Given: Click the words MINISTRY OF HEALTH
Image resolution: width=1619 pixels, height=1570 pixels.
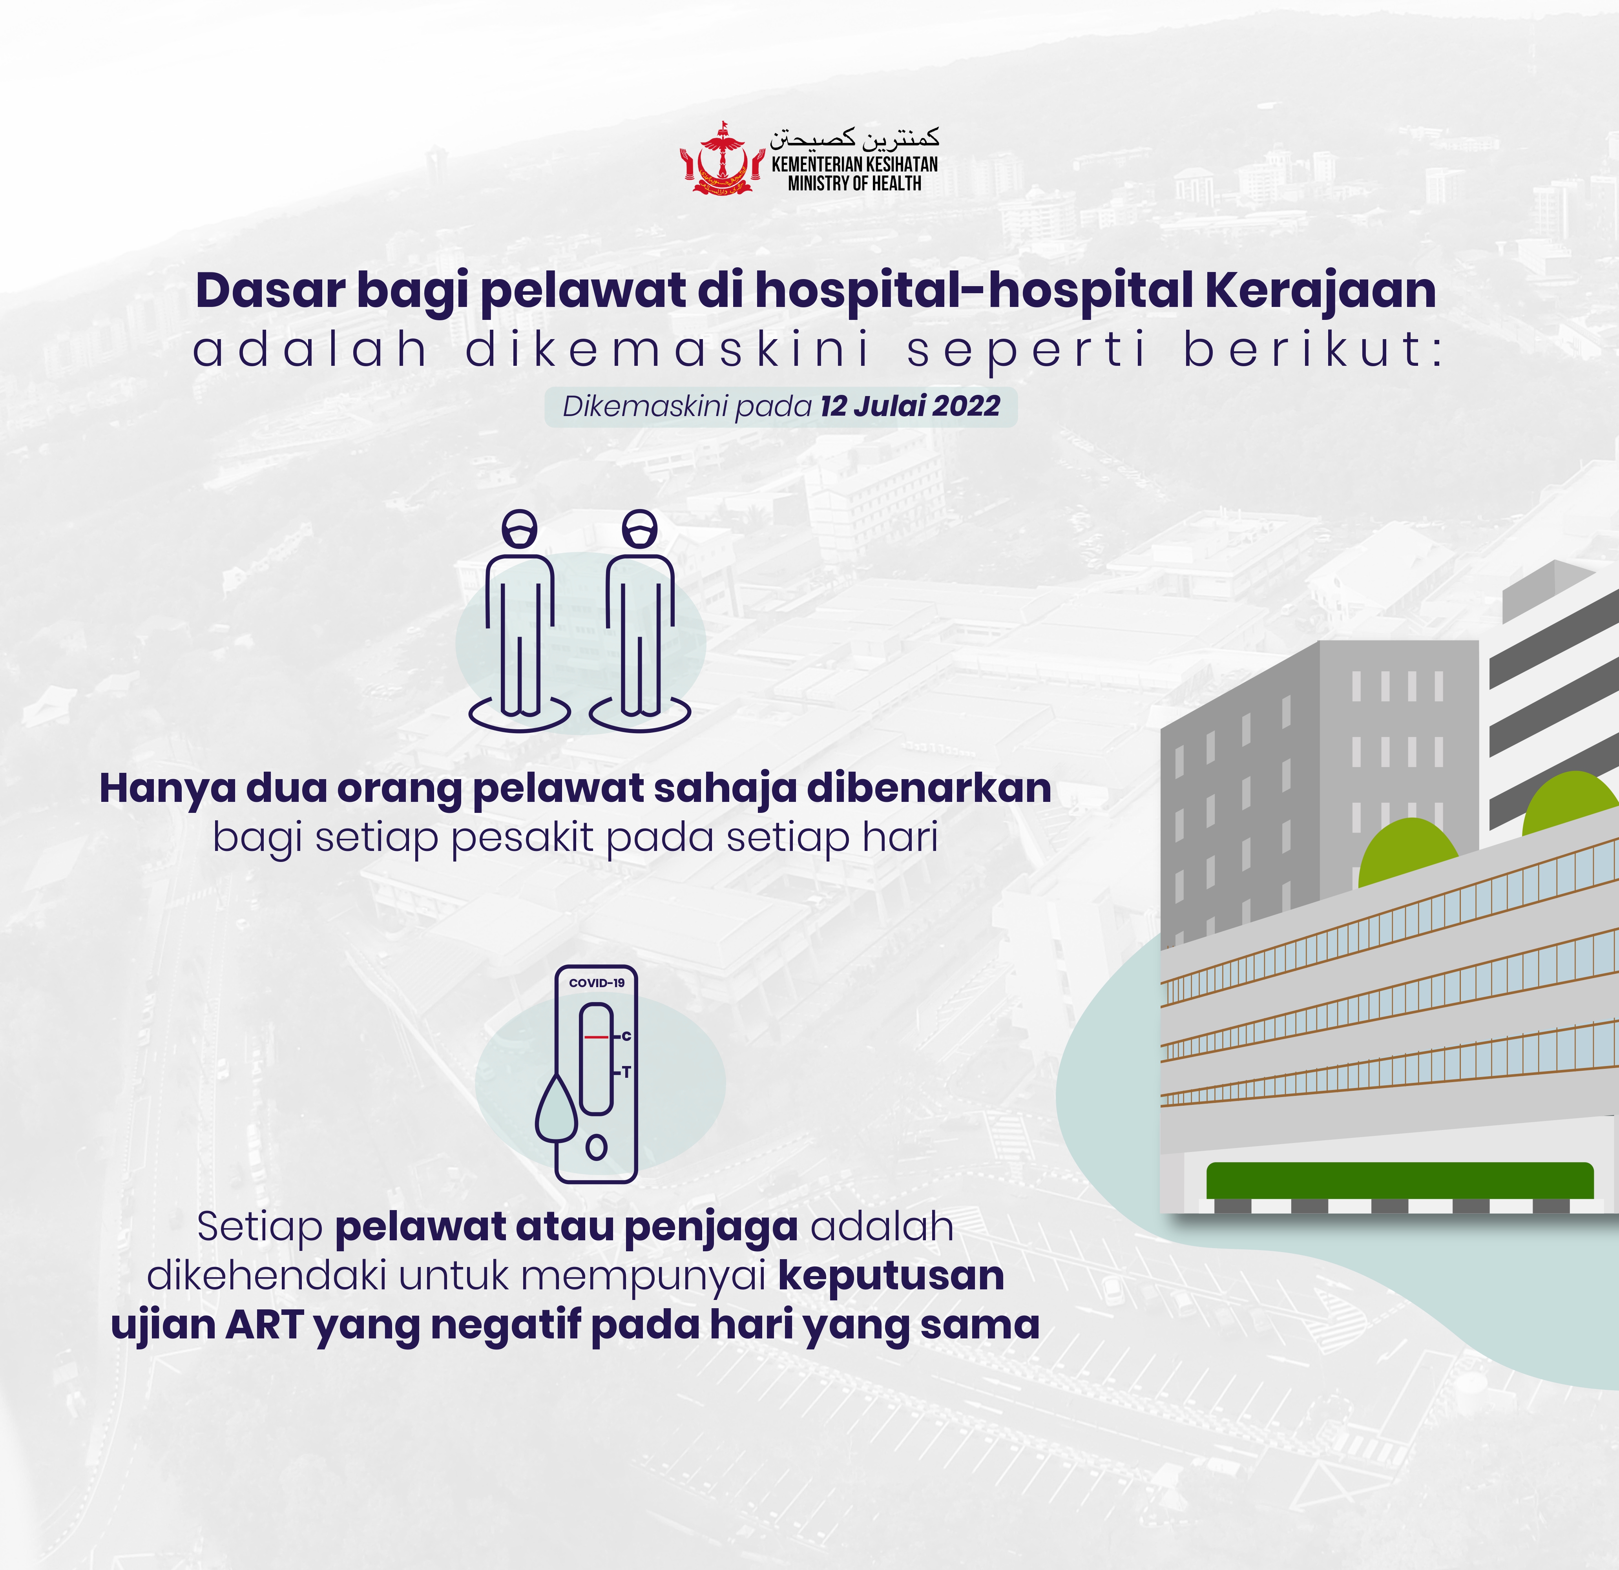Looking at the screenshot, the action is click(x=854, y=183).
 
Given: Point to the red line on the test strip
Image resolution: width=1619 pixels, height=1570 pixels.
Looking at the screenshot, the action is click(x=595, y=1037).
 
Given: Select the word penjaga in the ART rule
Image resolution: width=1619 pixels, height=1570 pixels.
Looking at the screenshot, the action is click(x=711, y=1228).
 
